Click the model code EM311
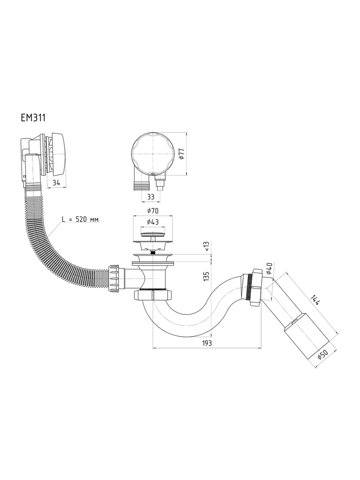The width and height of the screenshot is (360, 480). tap(33, 118)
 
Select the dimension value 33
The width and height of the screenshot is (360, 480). tap(151, 197)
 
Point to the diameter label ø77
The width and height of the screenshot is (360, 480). tap(182, 154)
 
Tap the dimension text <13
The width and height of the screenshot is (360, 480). tap(206, 246)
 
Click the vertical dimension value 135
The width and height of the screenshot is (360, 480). tap(206, 276)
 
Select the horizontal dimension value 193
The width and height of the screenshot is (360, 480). tap(207, 343)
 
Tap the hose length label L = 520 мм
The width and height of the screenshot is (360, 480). tap(80, 219)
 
